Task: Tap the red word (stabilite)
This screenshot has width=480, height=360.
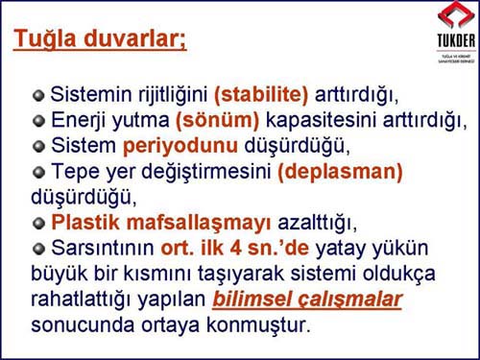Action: (x=261, y=96)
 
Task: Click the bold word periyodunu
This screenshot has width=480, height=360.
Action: (x=171, y=147)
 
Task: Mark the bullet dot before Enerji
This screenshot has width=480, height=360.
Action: (x=38, y=122)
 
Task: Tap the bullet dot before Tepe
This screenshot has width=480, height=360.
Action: (x=38, y=174)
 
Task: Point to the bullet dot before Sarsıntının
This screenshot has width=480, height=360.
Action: (x=38, y=250)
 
